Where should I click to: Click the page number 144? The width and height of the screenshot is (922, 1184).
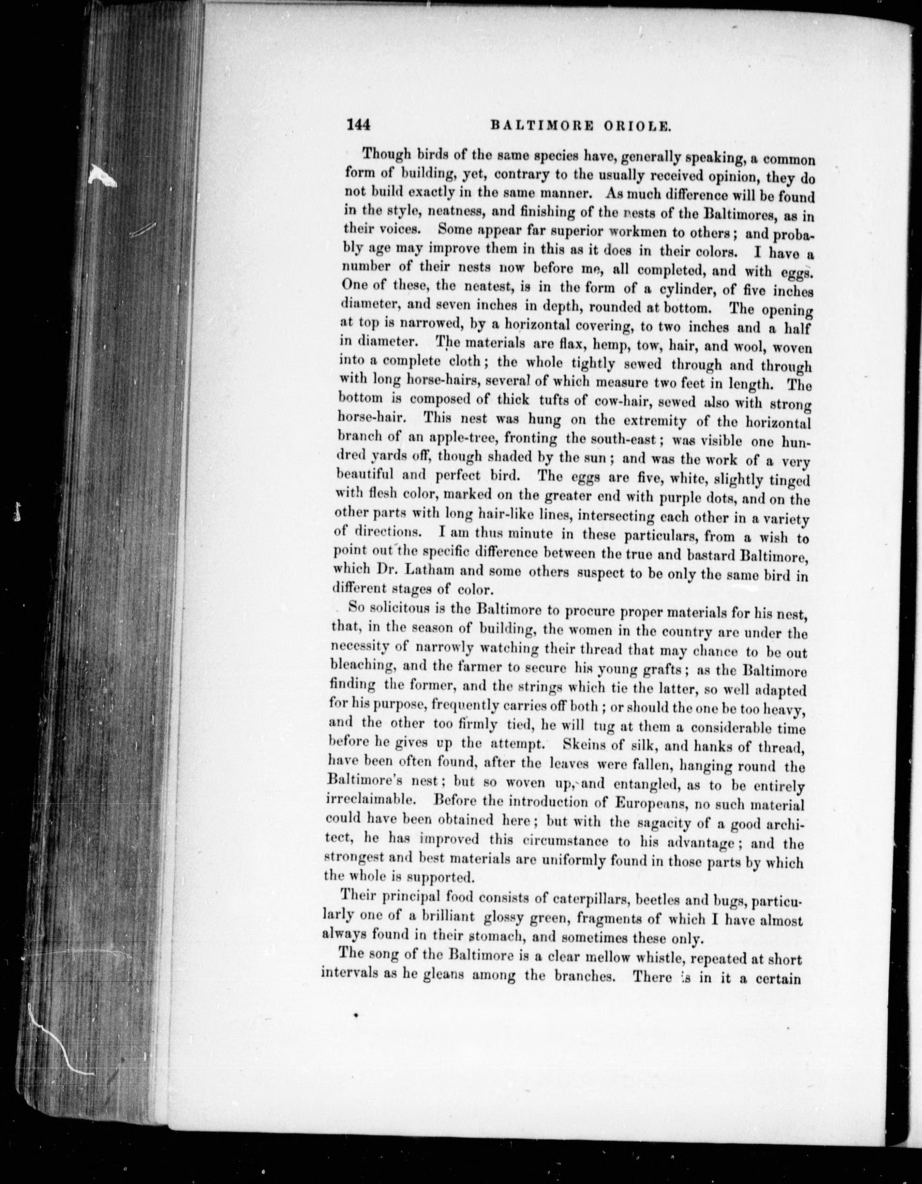(358, 125)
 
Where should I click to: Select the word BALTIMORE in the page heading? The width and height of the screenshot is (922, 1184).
(542, 126)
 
